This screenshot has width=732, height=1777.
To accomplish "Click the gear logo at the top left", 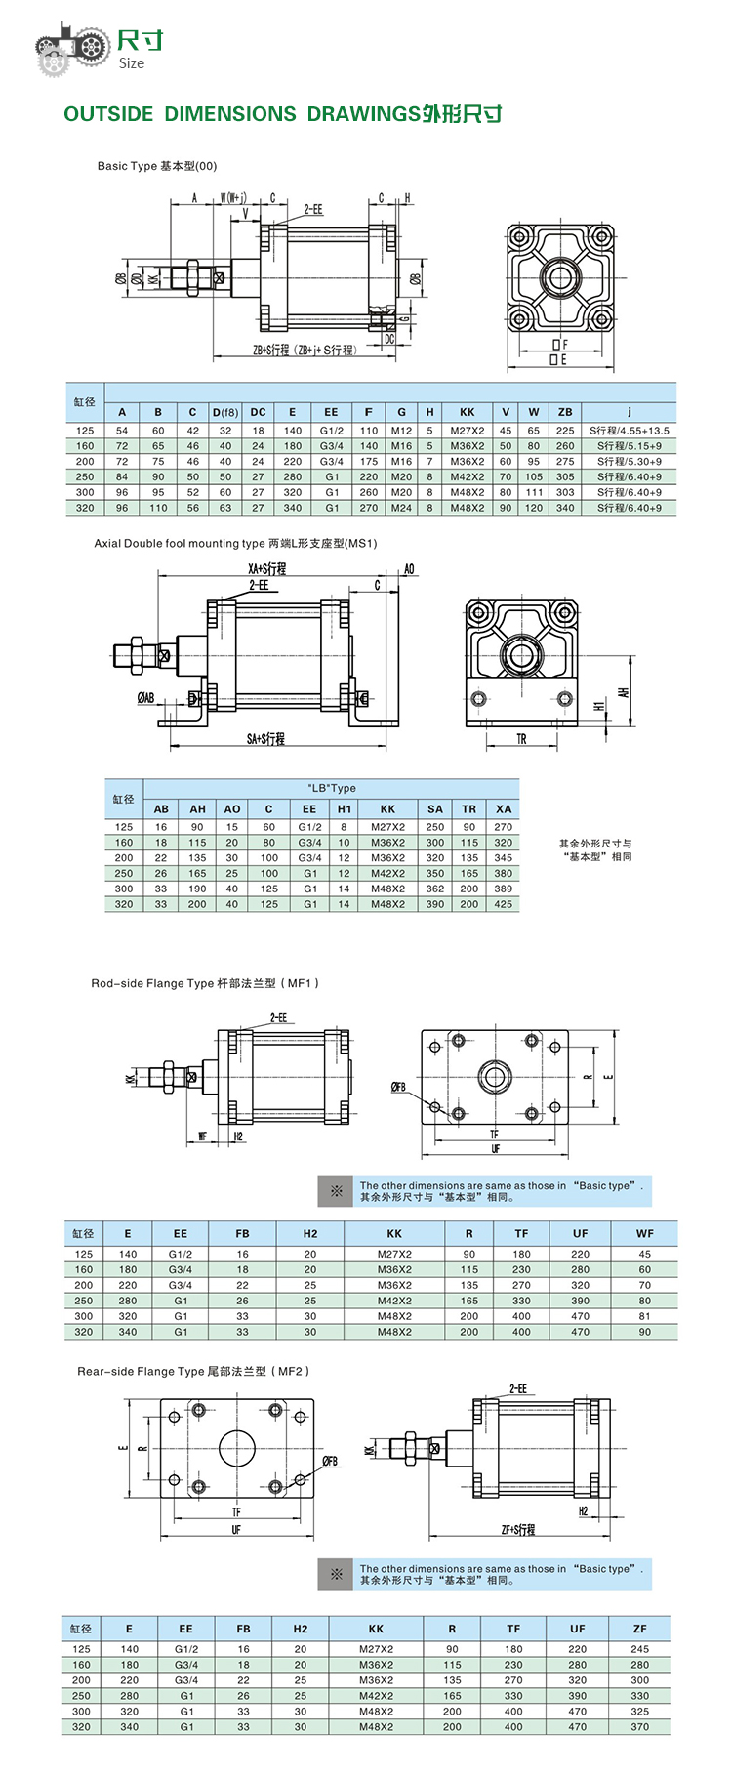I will pyautogui.click(x=71, y=47).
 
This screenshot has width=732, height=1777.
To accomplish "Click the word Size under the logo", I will pyautogui.click(x=131, y=64).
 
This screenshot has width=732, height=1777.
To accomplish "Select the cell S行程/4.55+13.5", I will pyautogui.click(x=630, y=431).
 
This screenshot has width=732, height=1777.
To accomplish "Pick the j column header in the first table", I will pyautogui.click(x=630, y=412).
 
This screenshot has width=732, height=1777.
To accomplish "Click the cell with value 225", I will pyautogui.click(x=565, y=431).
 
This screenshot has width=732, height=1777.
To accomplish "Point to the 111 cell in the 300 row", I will pyautogui.click(x=534, y=492).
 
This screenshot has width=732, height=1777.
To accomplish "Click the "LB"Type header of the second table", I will pyautogui.click(x=332, y=788).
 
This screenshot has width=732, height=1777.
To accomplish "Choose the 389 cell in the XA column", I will pyautogui.click(x=503, y=888).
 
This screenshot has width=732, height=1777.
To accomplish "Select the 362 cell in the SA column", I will pyautogui.click(x=435, y=888).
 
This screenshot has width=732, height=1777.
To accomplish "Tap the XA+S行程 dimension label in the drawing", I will pyautogui.click(x=266, y=569).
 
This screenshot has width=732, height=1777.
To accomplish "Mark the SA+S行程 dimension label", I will pyautogui.click(x=265, y=739).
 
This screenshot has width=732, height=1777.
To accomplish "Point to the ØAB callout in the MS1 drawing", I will pyautogui.click(x=145, y=698).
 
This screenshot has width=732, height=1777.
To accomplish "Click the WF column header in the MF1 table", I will pyautogui.click(x=644, y=1233).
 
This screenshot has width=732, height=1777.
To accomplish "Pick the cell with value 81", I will pyautogui.click(x=644, y=1316).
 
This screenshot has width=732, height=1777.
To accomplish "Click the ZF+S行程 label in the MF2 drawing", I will pyautogui.click(x=518, y=1530).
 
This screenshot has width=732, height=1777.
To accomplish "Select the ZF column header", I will pyautogui.click(x=639, y=1629).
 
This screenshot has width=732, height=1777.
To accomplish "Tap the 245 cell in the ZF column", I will pyautogui.click(x=639, y=1649).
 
